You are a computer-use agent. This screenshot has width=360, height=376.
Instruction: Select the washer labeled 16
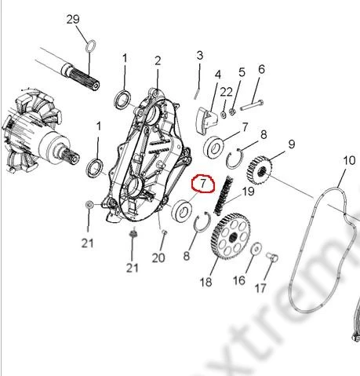(x=256, y=249)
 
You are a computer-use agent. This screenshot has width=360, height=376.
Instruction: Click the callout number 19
(x=248, y=191)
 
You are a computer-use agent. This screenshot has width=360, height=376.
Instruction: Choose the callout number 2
(x=158, y=60)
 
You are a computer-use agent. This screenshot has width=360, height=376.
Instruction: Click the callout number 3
(x=199, y=55)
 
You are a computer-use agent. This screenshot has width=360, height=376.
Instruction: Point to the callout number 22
(x=226, y=92)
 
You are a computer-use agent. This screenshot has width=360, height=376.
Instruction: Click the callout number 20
(x=158, y=257)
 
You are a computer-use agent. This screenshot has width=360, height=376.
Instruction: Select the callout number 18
(x=206, y=282)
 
